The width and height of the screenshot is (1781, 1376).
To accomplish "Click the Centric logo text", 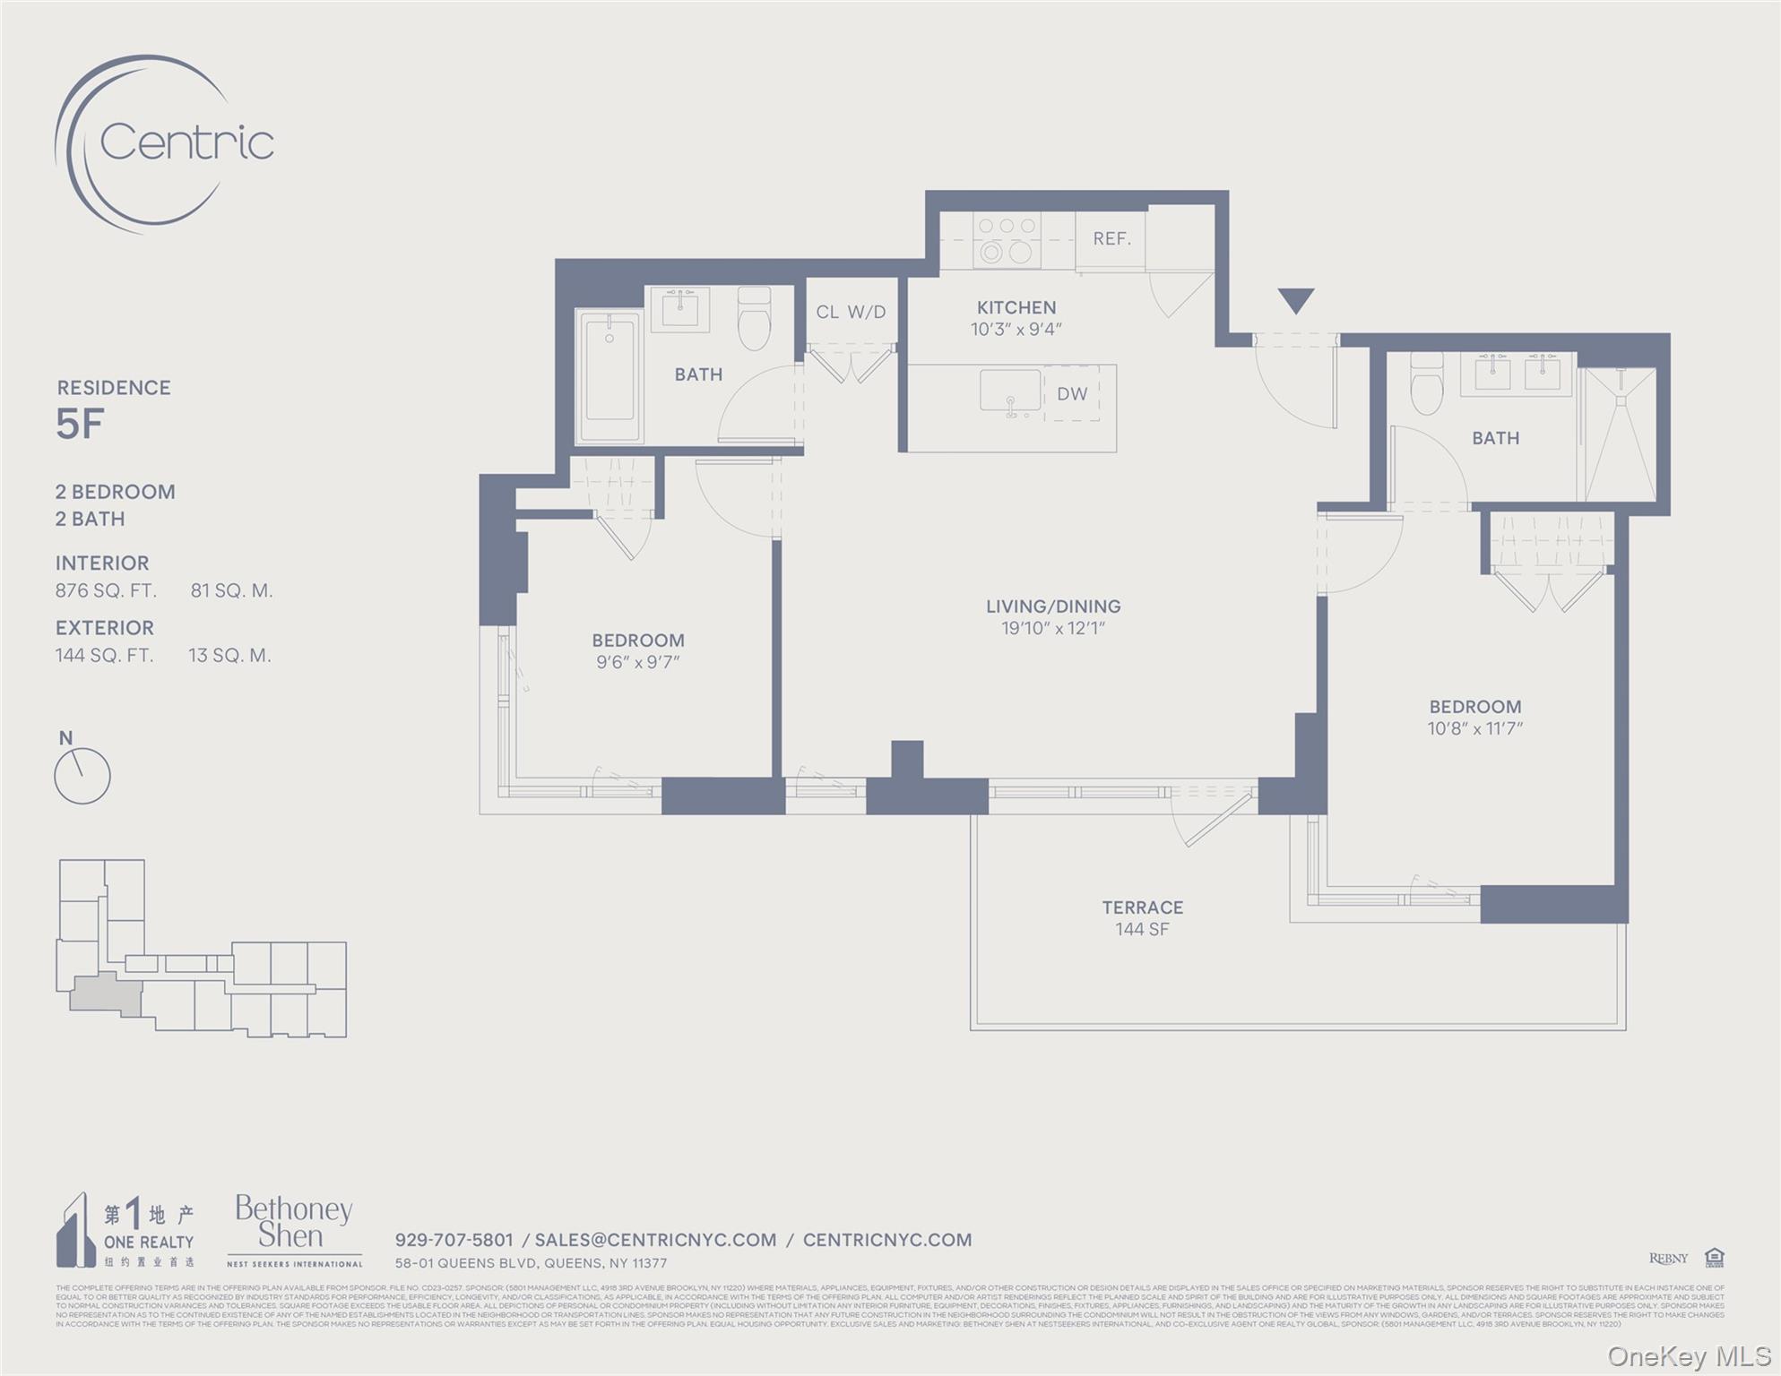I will point(186,142).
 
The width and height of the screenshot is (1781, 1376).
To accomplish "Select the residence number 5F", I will point(80,425).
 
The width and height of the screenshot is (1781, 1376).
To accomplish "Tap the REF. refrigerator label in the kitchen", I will point(1111,239).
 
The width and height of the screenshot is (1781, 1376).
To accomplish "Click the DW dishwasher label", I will point(1071,394).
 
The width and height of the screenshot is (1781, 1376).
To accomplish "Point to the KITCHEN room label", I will point(1016,307).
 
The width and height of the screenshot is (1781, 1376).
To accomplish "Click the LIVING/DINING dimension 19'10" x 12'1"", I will point(1052,629).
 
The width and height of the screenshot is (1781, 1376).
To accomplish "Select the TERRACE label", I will point(1142,907).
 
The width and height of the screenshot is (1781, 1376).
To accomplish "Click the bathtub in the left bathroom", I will point(610,377).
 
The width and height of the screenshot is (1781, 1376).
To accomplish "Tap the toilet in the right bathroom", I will point(1426,384).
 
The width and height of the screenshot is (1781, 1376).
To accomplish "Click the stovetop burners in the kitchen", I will point(1007,240).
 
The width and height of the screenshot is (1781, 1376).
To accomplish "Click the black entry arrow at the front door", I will point(1295,300).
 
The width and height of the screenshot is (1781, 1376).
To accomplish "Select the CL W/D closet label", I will point(850,312).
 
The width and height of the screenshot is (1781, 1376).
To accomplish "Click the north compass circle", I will point(82,776).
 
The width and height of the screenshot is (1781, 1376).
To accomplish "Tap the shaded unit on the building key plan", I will point(107,994).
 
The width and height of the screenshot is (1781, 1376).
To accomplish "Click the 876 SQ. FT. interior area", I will point(106,590).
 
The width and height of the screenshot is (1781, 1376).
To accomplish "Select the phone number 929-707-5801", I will point(454,1240).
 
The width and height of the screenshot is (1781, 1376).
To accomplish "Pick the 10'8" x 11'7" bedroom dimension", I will point(1474,729).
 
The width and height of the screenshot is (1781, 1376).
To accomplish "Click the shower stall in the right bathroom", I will point(1620,435).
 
